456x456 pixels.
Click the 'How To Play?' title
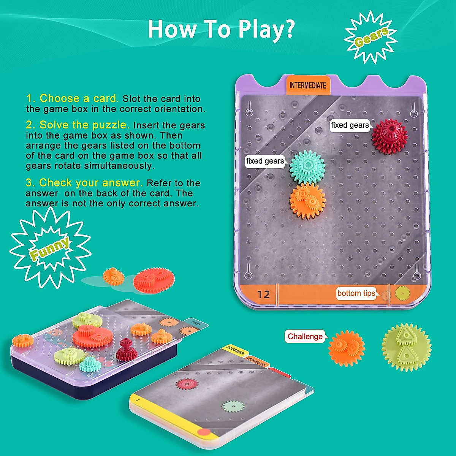coord(221,29)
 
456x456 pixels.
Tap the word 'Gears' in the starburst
coord(371,37)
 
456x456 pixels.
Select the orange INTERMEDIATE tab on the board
coord(308,85)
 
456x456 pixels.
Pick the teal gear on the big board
coord(307,167)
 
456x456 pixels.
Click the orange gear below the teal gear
coord(307,201)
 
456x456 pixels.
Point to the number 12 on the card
coord(263,294)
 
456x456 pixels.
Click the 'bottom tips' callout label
coord(356,293)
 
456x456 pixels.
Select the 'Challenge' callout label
coord(305,336)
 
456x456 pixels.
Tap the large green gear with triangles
coord(406,347)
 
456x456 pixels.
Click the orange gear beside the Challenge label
coord(346,348)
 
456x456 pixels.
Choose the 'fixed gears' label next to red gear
coord(350,125)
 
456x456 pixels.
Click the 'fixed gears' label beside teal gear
coord(265,161)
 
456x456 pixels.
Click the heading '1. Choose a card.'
coord(72,98)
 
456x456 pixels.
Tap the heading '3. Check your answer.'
coord(84,183)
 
